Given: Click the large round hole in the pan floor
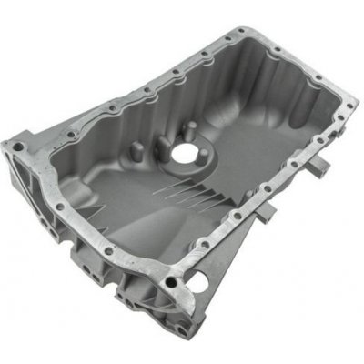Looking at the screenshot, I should [x=185, y=156].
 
